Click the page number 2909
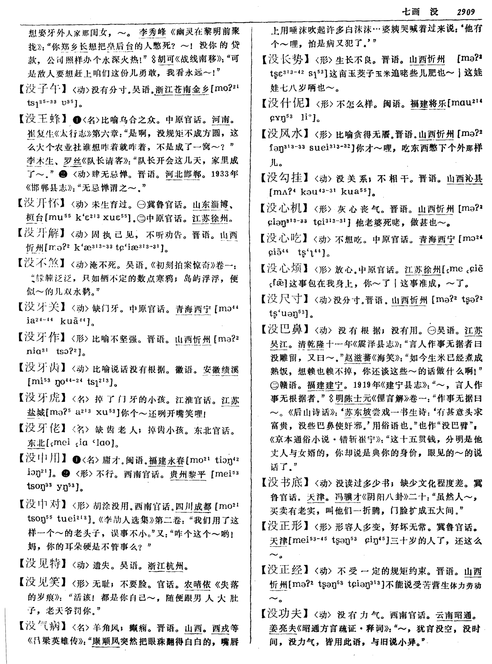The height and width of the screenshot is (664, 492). point(465,12)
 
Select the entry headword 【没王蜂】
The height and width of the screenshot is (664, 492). point(44,119)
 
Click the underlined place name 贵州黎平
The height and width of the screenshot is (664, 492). point(188,474)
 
